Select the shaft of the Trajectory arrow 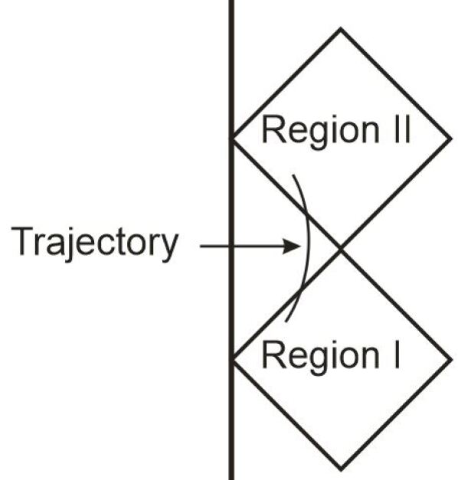[245, 246]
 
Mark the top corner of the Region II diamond [341, 29]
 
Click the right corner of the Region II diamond [451, 139]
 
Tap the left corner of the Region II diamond [233, 139]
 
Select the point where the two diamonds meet [341, 248]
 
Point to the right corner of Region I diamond [451, 358]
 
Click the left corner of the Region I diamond [233, 358]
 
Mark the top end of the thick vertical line [231, 2]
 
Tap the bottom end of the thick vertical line [231, 477]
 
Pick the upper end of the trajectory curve [291, 175]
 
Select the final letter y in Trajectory [169, 247]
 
